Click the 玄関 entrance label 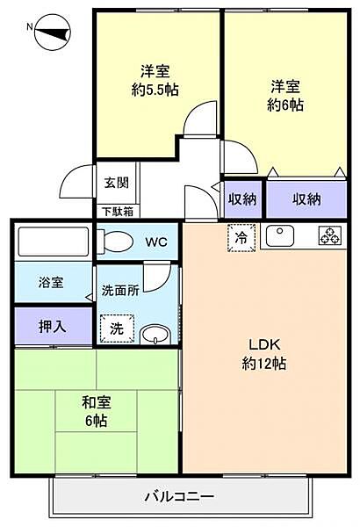point(116,183)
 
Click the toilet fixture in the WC point(112,240)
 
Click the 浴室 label point(51,284)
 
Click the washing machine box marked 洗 point(117,329)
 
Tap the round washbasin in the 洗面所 point(156,334)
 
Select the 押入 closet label point(51,326)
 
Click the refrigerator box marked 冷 point(240,236)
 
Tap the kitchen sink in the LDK point(282,235)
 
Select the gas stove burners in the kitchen point(329,235)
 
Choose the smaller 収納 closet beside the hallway point(242,199)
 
